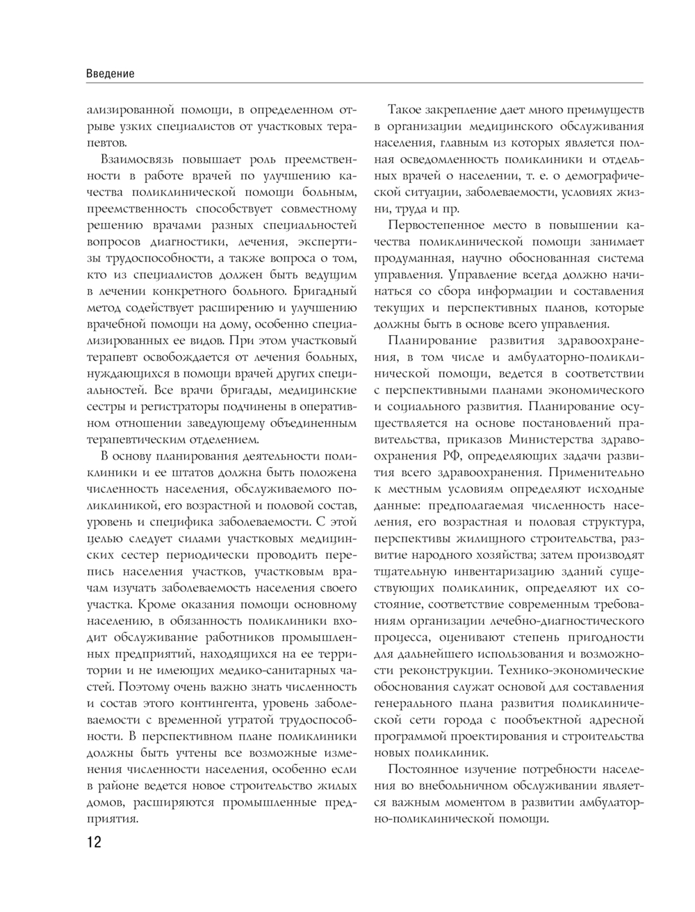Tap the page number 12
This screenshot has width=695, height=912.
coord(94,842)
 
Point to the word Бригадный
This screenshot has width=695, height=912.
coord(325,288)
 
